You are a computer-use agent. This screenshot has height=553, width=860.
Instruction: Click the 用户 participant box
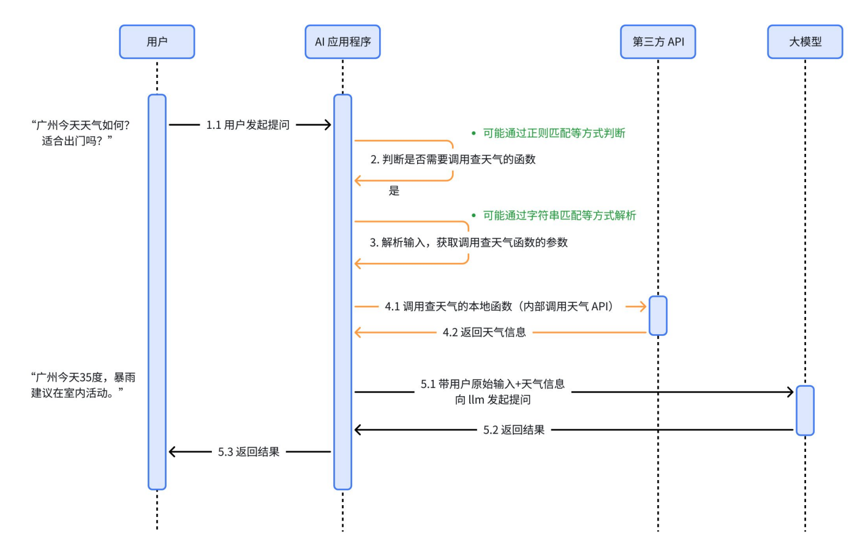pyautogui.click(x=157, y=42)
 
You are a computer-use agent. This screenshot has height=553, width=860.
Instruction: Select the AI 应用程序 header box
pyautogui.click(x=342, y=42)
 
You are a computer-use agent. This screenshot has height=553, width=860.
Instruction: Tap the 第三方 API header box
pyautogui.click(x=658, y=42)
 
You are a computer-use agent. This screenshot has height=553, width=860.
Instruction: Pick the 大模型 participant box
pyautogui.click(x=805, y=42)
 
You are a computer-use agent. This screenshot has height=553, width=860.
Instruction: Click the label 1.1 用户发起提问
pyautogui.click(x=247, y=125)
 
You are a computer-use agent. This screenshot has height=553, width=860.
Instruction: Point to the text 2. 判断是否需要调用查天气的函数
pyautogui.click(x=453, y=159)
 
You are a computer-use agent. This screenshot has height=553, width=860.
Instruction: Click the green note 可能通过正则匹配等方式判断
pyautogui.click(x=554, y=133)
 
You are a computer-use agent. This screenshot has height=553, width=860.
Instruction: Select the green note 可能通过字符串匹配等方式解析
pyautogui.click(x=559, y=215)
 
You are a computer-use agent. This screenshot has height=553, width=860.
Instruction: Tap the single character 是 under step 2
pyautogui.click(x=394, y=191)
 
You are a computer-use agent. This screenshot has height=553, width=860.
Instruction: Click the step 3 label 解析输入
pyautogui.click(x=469, y=242)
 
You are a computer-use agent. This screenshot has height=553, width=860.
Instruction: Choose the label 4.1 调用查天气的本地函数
pyautogui.click(x=499, y=306)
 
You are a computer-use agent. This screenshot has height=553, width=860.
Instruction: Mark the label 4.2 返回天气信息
pyautogui.click(x=484, y=332)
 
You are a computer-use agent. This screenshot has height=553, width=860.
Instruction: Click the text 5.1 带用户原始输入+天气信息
pyautogui.click(x=492, y=384)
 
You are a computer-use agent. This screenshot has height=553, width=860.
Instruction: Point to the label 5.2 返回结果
pyautogui.click(x=513, y=430)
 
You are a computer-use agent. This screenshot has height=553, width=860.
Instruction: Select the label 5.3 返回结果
pyautogui.click(x=249, y=452)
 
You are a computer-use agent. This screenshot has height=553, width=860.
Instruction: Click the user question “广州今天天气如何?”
pyautogui.click(x=80, y=125)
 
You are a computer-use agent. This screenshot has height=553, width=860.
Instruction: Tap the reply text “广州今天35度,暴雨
pyautogui.click(x=83, y=377)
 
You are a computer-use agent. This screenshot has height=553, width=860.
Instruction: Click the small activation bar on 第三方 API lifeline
pyautogui.click(x=658, y=316)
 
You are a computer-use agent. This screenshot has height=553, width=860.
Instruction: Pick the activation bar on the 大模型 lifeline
pyautogui.click(x=805, y=410)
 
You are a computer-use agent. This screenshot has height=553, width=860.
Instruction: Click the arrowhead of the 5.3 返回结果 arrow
pyautogui.click(x=172, y=452)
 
